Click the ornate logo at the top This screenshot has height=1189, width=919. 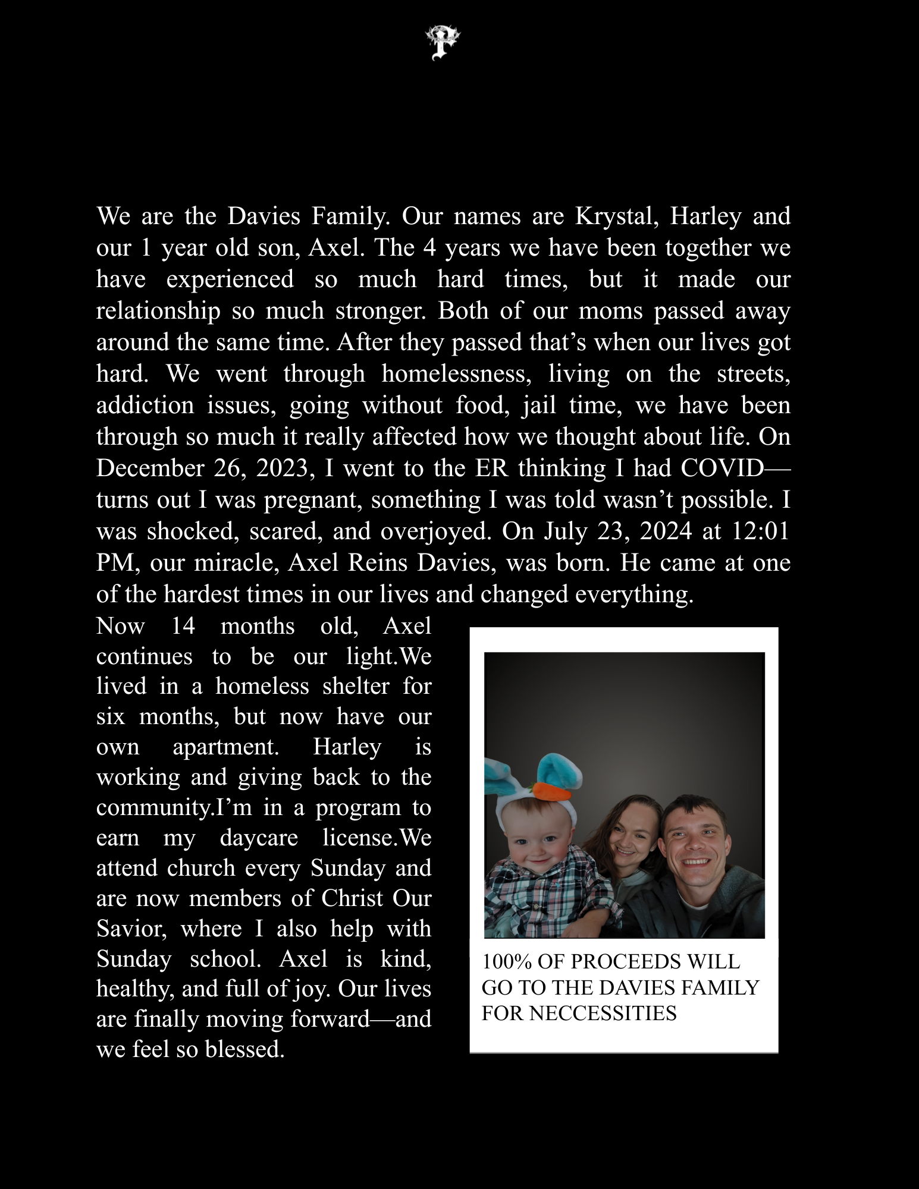[x=443, y=42]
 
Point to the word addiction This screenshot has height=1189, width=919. [x=145, y=405]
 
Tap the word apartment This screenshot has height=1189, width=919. [x=225, y=747]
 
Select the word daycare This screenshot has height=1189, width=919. [x=259, y=838]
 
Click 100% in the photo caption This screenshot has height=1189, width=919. [x=506, y=962]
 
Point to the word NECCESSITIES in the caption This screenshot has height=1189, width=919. [x=603, y=1013]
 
